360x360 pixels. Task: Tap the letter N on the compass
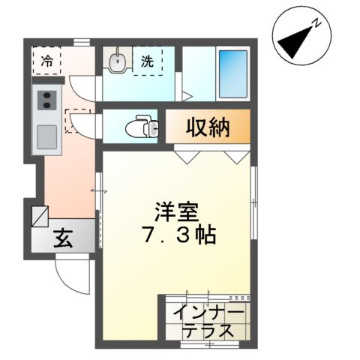(x=318, y=23)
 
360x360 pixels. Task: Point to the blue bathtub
(x=233, y=73)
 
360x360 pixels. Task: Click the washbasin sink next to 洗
(x=117, y=61)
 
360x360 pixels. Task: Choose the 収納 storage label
(x=208, y=127)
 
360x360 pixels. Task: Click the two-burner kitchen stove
(x=46, y=99)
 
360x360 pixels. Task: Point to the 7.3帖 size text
(x=178, y=236)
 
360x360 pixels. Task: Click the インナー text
(x=208, y=313)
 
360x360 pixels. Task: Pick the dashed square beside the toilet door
(x=75, y=121)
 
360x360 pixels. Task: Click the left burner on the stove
(x=41, y=99)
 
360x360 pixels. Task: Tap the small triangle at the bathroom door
(x=187, y=96)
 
